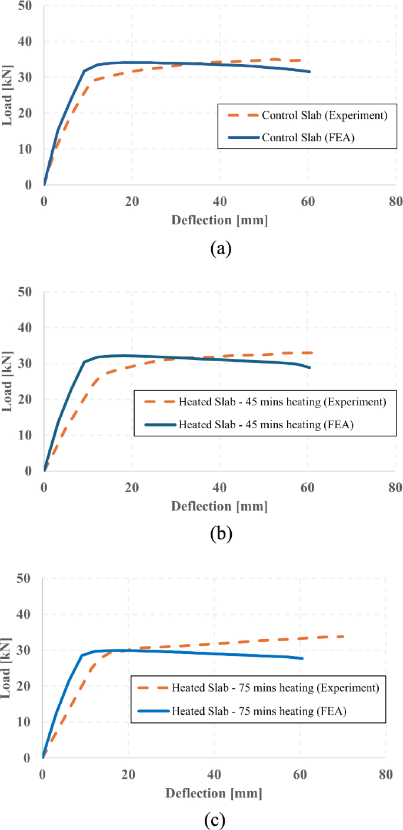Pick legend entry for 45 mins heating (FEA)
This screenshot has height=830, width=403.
click(265, 424)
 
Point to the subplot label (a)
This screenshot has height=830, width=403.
click(221, 248)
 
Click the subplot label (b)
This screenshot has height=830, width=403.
click(221, 534)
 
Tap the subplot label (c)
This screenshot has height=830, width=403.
click(214, 819)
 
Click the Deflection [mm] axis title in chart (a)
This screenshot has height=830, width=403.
click(219, 220)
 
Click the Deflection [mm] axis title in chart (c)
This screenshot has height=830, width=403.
click(214, 793)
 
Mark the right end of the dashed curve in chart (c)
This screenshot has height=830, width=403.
click(344, 636)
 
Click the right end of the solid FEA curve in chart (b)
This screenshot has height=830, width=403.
click(309, 368)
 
